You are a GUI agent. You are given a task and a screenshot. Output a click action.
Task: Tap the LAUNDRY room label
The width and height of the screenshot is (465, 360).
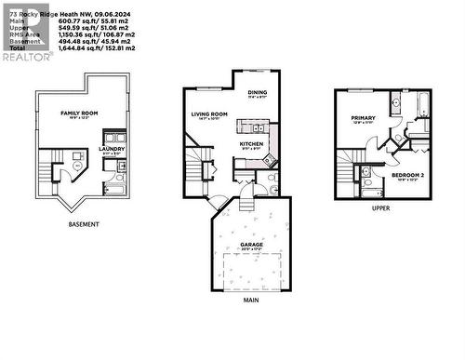[113, 148]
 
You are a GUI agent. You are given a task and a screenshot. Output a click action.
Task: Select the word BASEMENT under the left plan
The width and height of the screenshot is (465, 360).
[84, 225]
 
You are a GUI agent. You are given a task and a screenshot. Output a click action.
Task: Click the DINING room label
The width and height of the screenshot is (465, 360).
[257, 92]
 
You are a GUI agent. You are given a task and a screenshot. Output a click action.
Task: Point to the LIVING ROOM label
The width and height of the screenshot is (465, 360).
[209, 114]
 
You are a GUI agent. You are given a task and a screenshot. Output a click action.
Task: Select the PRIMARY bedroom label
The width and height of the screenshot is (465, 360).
[363, 118]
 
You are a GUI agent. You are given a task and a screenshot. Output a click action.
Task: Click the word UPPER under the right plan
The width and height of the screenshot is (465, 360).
[380, 208]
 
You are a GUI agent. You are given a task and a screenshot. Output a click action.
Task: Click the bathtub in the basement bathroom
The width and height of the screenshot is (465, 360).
[122, 168]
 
